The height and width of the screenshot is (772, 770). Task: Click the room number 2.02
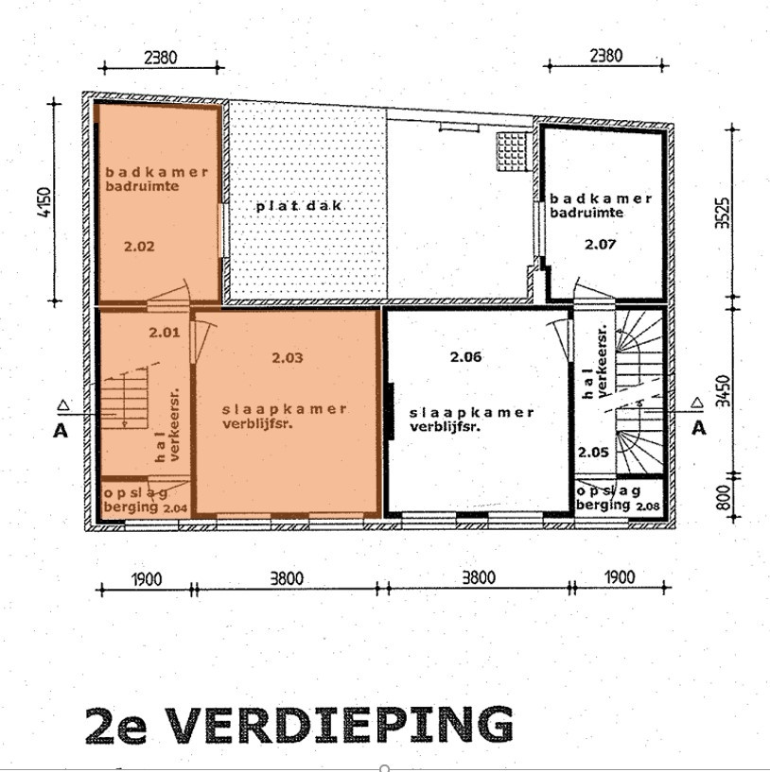(139, 246)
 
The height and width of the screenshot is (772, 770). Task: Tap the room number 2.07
(600, 244)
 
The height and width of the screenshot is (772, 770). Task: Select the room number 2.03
(288, 357)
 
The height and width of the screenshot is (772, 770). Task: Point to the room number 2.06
(465, 356)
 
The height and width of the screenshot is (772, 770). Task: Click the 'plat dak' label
(299, 206)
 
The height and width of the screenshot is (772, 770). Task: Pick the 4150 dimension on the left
(44, 202)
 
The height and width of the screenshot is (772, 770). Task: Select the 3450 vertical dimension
(723, 390)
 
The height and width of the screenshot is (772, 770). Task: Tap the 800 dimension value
(723, 497)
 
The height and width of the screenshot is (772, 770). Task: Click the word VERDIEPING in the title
(341, 726)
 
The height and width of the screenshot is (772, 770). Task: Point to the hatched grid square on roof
(514, 151)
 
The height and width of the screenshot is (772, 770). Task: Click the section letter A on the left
(61, 431)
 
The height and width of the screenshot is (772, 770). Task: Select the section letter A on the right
(698, 428)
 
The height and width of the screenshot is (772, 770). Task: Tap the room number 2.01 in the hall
(165, 333)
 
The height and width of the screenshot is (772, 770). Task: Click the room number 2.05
(593, 452)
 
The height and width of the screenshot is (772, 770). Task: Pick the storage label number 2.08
(648, 506)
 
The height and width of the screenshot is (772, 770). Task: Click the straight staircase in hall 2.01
(124, 398)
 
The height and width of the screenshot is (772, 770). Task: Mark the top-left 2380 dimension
(160, 57)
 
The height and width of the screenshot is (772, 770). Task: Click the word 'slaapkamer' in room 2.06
(472, 413)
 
